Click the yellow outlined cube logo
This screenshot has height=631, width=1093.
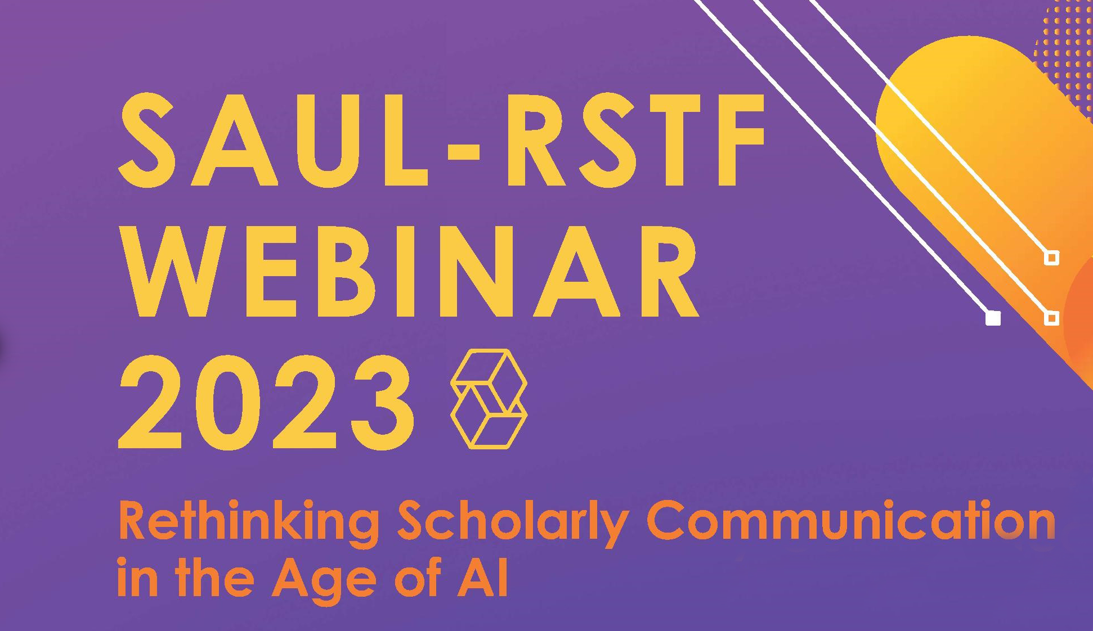[x=489, y=399]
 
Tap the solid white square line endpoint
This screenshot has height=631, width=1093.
[x=993, y=318]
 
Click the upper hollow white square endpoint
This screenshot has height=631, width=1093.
[x=1051, y=258]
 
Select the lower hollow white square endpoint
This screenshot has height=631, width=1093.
[x=1051, y=318]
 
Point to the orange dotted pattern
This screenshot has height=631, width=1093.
[x=1064, y=51]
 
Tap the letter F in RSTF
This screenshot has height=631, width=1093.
[x=737, y=141]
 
